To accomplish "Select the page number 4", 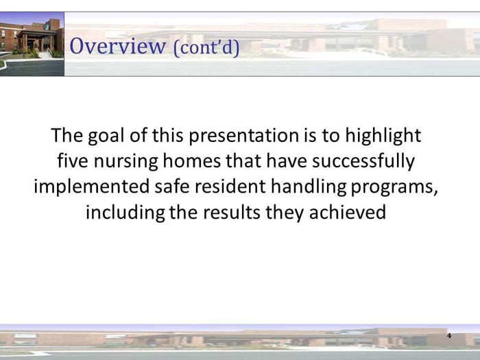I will (449, 335).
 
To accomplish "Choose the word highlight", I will (382, 135).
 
